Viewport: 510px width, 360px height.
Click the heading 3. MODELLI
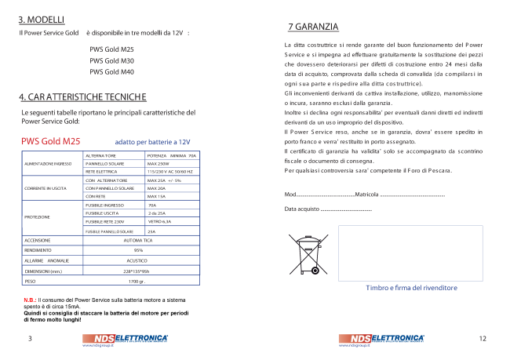tap(42, 18)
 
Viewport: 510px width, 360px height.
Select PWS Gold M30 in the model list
tap(111, 60)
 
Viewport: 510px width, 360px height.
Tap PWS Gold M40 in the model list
tap(111, 71)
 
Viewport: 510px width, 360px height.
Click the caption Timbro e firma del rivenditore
tap(411, 288)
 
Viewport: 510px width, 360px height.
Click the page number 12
tap(482, 338)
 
